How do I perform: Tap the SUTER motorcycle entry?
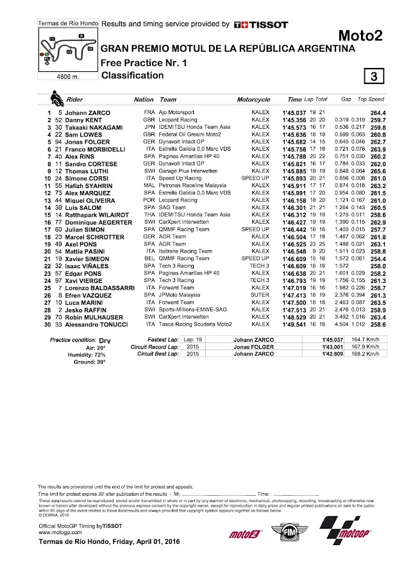click(260, 314)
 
